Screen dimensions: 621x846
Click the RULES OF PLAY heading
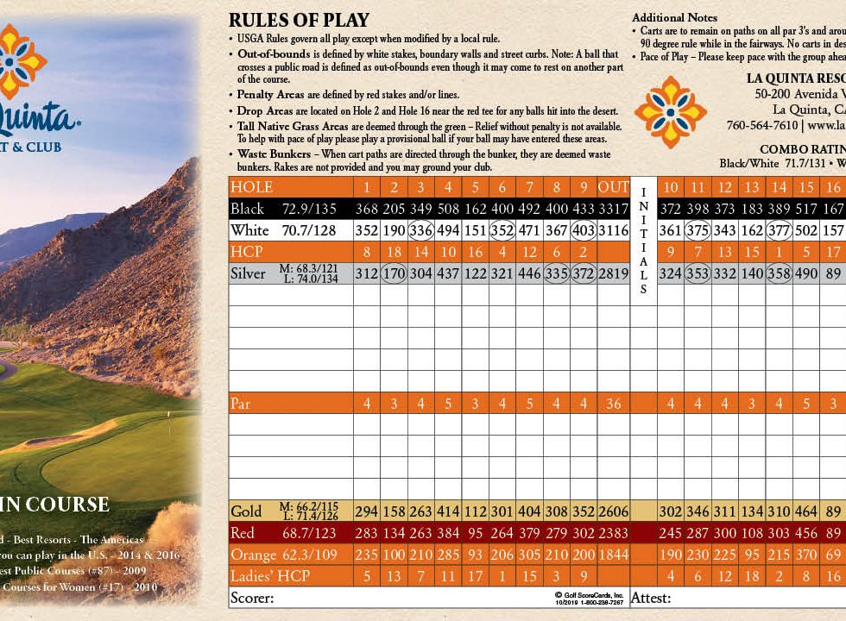pos(299,21)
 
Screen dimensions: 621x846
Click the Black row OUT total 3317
pos(614,210)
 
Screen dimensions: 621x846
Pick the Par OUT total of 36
pos(614,404)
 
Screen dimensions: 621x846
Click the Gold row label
pos(245,511)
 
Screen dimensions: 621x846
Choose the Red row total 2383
pos(614,533)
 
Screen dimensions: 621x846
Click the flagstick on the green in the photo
pos(170,423)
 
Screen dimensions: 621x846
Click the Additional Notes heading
pos(674,17)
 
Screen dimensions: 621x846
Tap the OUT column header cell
pos(614,187)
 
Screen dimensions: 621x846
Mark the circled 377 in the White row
pos(780,231)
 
